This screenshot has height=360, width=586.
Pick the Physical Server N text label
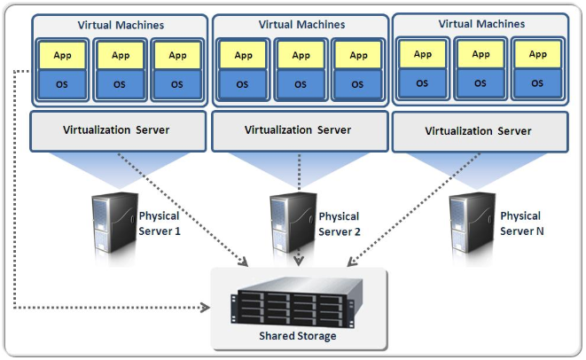520,223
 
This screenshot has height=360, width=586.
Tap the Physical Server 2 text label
339,223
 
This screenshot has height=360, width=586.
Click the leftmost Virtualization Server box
116,130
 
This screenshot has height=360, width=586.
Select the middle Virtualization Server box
298,130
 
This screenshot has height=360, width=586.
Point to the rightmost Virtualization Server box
479,131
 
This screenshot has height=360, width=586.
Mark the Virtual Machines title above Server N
481,24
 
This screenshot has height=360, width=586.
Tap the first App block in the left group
62,55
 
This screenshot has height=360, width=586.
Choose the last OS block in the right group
537,83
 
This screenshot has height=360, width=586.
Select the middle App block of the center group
300,55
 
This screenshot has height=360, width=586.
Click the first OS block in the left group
62,84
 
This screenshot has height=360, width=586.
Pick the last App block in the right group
537,54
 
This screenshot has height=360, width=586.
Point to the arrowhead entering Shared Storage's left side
206,309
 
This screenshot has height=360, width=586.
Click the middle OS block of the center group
300,84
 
